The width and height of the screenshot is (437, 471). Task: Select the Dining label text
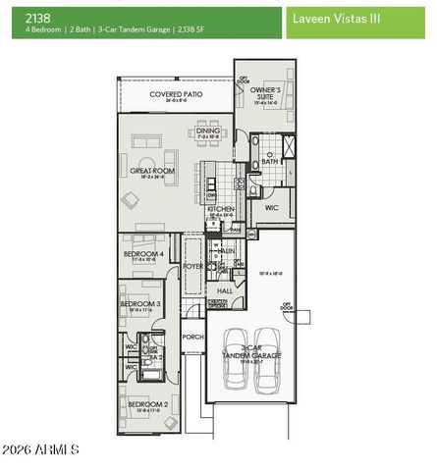208,130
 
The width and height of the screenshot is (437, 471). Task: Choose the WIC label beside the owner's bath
272,208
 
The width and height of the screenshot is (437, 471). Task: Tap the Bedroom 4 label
142,254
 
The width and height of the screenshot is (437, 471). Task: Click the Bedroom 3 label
140,304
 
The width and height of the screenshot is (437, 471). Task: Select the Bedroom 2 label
144,403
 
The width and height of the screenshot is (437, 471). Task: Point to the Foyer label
192,266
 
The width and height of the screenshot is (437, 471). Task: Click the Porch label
192,338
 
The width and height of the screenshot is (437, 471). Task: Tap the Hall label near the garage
224,291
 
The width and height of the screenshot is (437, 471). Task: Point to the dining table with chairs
209,144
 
